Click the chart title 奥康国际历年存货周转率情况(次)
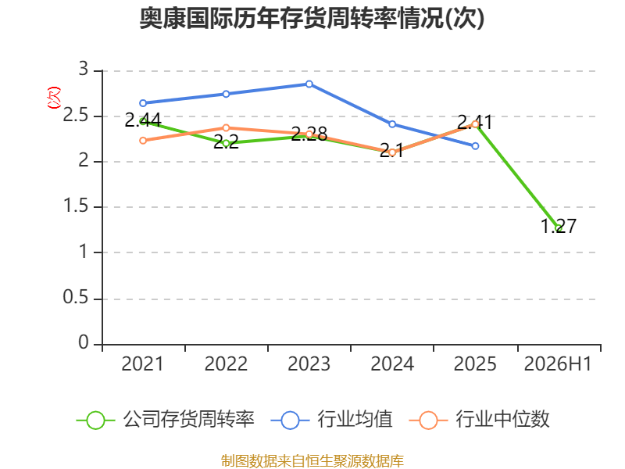(312, 18)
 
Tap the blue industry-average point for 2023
(309, 84)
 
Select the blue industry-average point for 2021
(143, 103)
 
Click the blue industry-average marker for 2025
(475, 146)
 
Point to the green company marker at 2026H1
(559, 228)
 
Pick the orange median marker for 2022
(226, 128)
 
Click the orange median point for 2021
(143, 141)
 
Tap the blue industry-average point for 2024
(392, 124)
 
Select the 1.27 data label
(559, 226)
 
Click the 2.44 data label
(143, 120)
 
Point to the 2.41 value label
(475, 122)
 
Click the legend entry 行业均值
(331, 420)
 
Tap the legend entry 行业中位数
(479, 420)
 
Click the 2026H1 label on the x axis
(558, 364)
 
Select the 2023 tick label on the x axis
(309, 364)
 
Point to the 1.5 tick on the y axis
(76, 206)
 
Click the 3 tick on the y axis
(84, 69)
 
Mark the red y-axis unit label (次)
(54, 98)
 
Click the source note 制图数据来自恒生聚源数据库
(312, 461)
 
